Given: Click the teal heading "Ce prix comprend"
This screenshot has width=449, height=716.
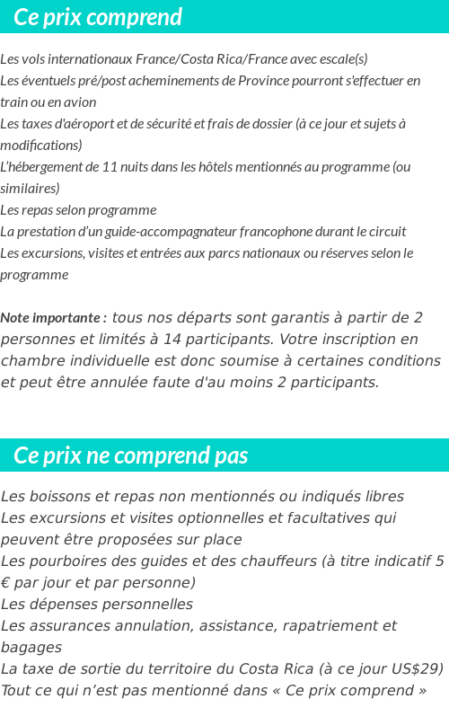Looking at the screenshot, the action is pos(98,17).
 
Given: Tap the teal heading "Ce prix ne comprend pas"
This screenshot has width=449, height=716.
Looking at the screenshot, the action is pos(131,455).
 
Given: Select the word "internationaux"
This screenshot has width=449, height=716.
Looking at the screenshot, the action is pos(91,59).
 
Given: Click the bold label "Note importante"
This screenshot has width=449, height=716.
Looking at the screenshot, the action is pos(51,318).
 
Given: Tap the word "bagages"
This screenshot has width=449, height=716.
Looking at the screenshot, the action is pos(31,648).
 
